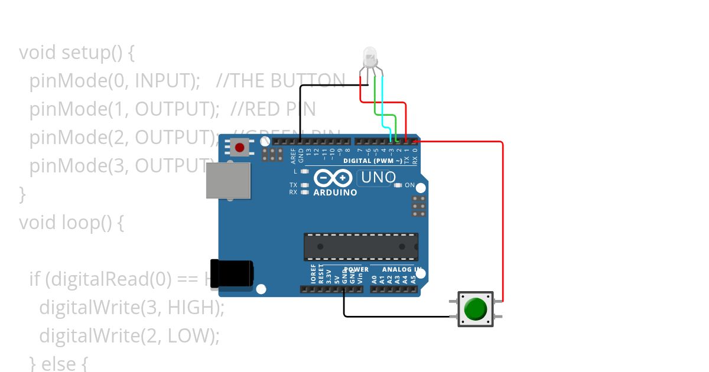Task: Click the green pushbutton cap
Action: [x=475, y=308]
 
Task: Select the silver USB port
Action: [x=228, y=180]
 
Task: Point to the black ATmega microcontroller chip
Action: [x=361, y=247]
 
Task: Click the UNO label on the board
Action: [x=378, y=177]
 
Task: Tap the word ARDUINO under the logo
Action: [x=335, y=192]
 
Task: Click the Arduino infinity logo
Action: [x=333, y=178]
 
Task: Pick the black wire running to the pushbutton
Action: [x=402, y=316]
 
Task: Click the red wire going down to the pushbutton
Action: [x=502, y=224]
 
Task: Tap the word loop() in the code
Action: [x=93, y=223]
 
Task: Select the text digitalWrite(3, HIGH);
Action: [x=132, y=308]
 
